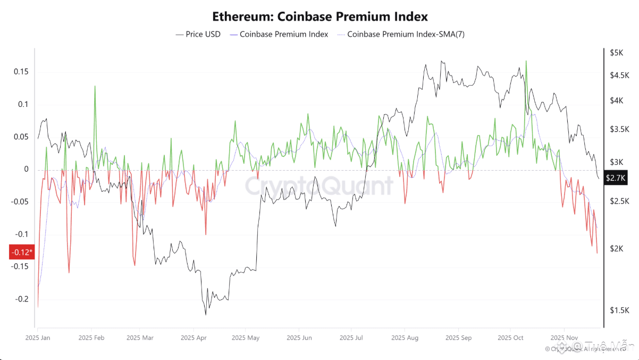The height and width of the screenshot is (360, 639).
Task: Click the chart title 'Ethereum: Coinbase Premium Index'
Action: pos(319,16)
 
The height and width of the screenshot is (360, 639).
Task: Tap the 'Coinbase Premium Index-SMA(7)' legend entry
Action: pos(406,34)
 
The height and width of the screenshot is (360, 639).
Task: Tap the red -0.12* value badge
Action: pos(21,252)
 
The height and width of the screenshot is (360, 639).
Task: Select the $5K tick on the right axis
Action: pos(617,53)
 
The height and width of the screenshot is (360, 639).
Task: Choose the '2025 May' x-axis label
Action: pos(246,337)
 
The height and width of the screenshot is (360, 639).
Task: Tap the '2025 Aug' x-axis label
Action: pos(405,337)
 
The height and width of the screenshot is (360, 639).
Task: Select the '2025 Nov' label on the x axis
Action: pos(564,337)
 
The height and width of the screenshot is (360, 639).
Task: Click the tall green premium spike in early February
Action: pos(95,86)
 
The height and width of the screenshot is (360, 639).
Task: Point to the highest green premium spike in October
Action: pos(526,62)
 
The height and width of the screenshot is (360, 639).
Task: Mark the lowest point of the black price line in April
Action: pos(206,314)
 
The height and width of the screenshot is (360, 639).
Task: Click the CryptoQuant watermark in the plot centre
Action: pos(319,186)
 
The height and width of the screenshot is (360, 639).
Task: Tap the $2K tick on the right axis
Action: pos(617,248)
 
